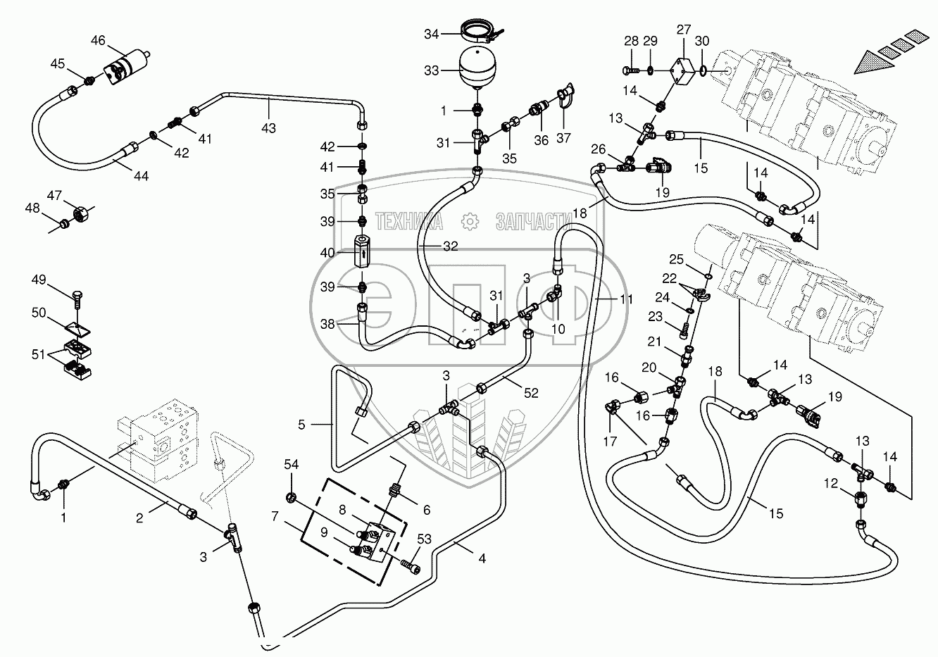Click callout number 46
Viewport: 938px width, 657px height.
pos(97,41)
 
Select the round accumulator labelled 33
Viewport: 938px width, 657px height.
pos(479,67)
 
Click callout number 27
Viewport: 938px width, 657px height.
pos(684,30)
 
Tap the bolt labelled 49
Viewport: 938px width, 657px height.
pos(77,299)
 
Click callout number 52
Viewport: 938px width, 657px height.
pos(531,393)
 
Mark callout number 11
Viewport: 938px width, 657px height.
pos(626,299)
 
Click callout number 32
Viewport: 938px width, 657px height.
pos(450,246)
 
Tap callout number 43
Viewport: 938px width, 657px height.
pos(268,127)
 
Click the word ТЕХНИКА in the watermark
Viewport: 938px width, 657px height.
pos(409,222)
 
